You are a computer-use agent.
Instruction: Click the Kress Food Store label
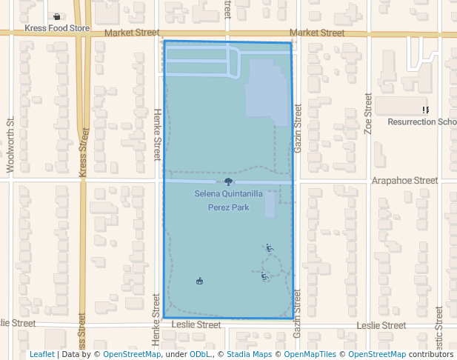coord(57,29)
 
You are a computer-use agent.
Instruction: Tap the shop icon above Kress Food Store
coord(57,16)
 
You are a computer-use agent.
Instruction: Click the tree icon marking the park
coord(228,181)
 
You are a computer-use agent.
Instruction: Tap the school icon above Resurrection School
coord(426,110)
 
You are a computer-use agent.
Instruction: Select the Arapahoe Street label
coord(405,180)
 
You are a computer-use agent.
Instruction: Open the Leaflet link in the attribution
coord(42,354)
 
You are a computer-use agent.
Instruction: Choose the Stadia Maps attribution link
coord(249,354)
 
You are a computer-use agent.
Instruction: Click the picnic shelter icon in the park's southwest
coord(199,281)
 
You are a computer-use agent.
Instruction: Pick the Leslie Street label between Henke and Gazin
coord(196,324)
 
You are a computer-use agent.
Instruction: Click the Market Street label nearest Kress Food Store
coord(132,33)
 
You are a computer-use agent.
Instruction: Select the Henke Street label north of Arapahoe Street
coord(156,134)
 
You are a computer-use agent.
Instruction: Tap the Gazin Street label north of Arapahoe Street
coord(298,129)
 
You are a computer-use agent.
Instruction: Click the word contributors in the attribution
coord(430,354)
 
